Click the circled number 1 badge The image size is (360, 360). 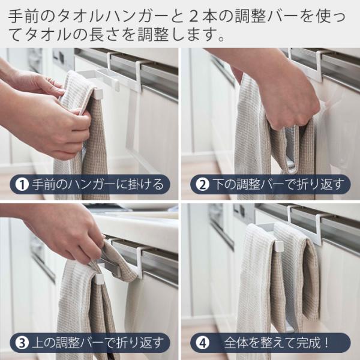coord(22,185)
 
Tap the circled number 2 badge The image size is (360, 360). coord(202,185)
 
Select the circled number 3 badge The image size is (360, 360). coord(22,343)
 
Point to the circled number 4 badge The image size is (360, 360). coord(202,343)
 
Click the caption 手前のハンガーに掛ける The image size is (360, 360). coord(98,185)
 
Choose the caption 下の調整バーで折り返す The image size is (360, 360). coord(278,185)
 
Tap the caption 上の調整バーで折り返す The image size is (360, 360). coord(98,343)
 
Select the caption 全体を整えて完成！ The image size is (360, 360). coord(277,343)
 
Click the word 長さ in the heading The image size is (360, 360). coord(104,35)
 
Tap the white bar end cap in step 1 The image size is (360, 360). coord(98,94)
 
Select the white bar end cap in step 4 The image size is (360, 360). coord(279,245)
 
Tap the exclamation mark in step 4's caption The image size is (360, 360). coord(326,343)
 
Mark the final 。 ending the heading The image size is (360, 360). coord(221,38)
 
